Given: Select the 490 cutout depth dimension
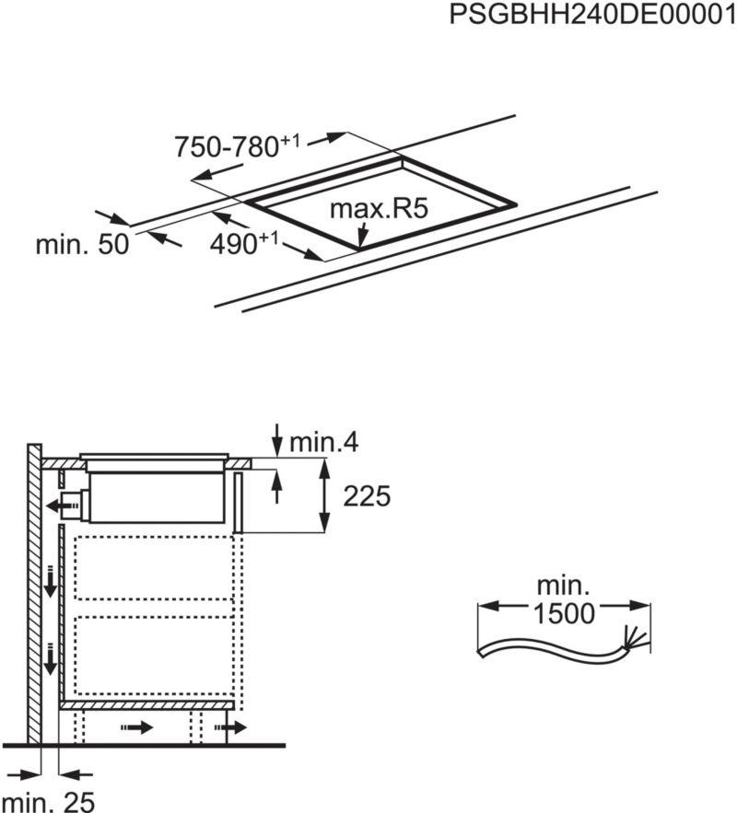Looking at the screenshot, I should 244,244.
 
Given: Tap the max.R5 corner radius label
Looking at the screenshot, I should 380,208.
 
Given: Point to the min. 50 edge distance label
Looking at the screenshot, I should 82,245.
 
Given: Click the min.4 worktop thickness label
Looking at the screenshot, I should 323,443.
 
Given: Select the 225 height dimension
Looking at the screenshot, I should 368,497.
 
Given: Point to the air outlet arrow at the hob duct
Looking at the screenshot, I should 64,504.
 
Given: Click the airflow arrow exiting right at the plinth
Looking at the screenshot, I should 236,728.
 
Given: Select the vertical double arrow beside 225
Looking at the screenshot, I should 324,497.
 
